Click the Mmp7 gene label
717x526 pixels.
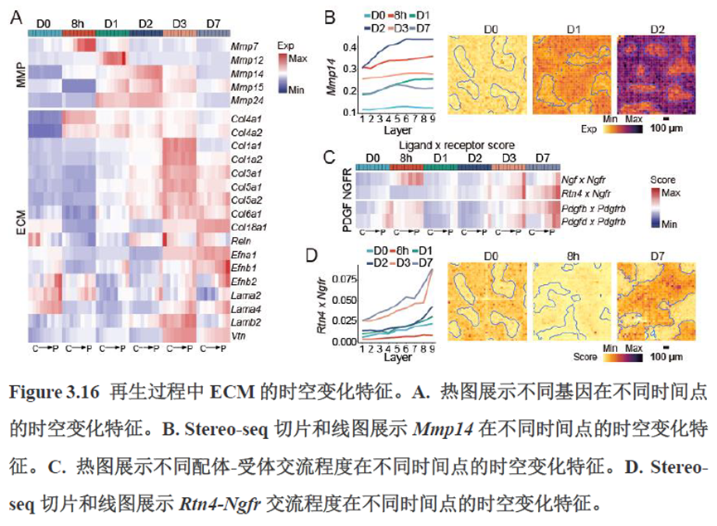pyautogui.click(x=244, y=46)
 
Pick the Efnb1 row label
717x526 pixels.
pyautogui.click(x=245, y=268)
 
